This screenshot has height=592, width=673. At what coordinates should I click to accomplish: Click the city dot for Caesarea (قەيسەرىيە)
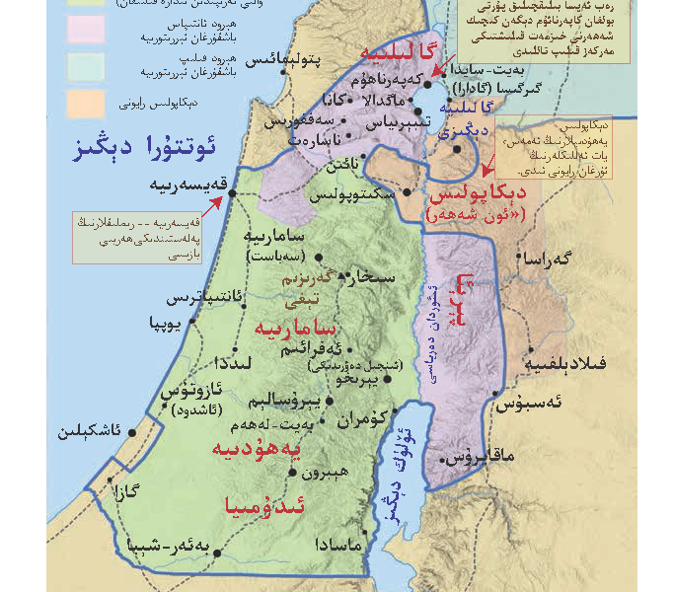232,193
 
